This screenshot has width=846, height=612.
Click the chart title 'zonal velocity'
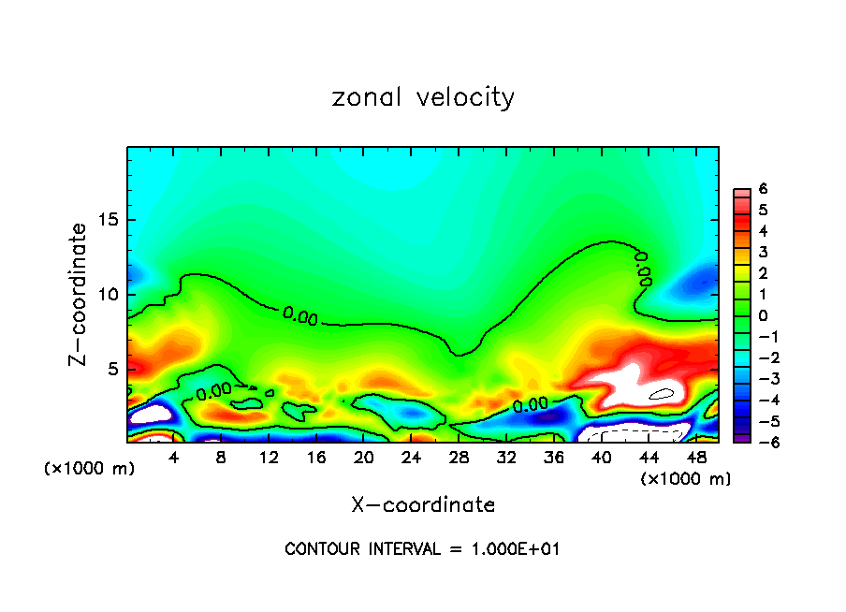coord(423,97)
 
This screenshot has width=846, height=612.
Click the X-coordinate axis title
coord(423,504)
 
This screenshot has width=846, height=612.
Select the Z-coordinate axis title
coord(80,294)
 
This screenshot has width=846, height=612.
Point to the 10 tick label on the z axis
coord(108,294)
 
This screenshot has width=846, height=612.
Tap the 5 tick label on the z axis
coord(111,369)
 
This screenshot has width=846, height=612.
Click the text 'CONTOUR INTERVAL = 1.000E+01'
coord(422,549)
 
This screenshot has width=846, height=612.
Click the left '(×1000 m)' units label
coord(89,469)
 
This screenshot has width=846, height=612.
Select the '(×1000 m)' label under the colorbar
coord(686,479)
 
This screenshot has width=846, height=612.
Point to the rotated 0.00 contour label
coord(644,268)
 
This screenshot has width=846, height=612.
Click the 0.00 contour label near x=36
coord(530,405)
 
